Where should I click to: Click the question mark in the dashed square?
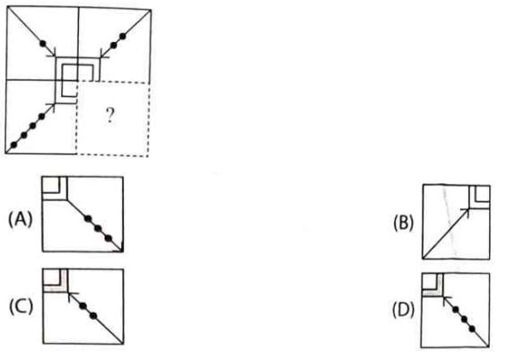110,116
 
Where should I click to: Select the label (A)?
21,220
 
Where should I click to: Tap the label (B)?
404,223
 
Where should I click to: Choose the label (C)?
21,306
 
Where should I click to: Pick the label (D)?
404,310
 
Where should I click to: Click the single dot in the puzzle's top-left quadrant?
42,43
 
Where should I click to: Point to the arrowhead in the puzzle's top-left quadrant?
52,53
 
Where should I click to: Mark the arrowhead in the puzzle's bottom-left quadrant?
52,107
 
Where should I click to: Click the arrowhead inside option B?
466,212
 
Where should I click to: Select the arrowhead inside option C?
72,295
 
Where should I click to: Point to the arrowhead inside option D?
446,300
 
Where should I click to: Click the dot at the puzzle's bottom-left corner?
13,145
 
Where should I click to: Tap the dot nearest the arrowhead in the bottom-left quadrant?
41,116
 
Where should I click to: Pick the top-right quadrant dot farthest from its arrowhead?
123,36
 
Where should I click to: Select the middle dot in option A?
98,229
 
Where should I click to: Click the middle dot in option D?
464,320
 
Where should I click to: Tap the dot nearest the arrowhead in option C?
83,306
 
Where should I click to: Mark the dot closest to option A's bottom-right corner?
109,239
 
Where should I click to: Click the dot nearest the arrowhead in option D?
456,310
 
